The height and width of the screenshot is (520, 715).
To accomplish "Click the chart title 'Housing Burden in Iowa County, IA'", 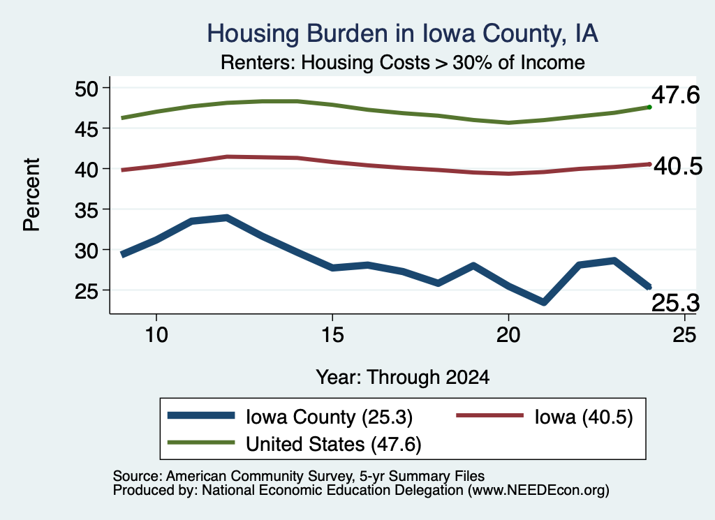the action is tap(402, 34).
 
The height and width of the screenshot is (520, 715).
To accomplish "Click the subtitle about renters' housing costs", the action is tap(403, 62).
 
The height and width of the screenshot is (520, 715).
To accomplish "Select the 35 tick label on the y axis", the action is tap(87, 210).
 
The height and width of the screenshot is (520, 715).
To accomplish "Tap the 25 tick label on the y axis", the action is tap(87, 291).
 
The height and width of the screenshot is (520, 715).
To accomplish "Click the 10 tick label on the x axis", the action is tap(156, 335).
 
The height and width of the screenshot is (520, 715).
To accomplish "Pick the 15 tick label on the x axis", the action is tap(332, 335).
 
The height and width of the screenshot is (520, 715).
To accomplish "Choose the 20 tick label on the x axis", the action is tap(508, 335).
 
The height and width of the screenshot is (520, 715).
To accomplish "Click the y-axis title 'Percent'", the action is tap(32, 195).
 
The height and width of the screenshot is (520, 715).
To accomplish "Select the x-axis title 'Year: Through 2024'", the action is tap(403, 378).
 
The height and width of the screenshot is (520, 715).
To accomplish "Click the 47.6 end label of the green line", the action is tap(675, 95).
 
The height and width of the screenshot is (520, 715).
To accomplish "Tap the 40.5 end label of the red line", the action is tap(678, 166).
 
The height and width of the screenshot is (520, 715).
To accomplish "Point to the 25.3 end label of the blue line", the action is tap(675, 303).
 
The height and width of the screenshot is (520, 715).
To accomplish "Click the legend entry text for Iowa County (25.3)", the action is tap(330, 417).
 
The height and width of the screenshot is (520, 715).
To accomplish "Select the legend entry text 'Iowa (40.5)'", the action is tap(584, 417).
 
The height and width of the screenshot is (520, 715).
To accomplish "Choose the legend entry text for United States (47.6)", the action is tap(333, 445).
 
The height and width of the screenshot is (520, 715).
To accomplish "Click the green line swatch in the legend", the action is tap(201, 443).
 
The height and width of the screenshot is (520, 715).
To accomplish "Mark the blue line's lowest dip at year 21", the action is tap(543, 302).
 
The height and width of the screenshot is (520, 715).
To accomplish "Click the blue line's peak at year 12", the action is tap(227, 218).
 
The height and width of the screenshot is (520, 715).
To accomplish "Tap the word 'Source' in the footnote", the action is tap(137, 476).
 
